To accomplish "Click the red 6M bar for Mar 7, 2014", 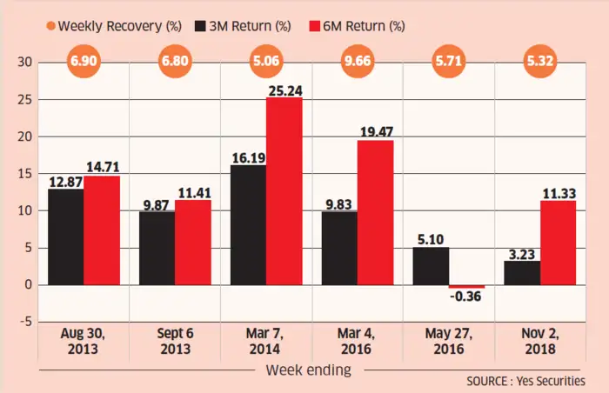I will tap(284, 191).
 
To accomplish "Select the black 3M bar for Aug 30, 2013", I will tap(66, 236).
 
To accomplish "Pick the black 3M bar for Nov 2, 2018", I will tap(521, 272).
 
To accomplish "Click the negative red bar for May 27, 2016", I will tap(467, 286).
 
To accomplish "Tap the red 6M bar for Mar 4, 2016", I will tap(375, 212).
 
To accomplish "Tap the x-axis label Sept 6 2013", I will tap(175, 340).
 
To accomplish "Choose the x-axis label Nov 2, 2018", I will tap(539, 340).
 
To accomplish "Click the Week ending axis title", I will tap(309, 371).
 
